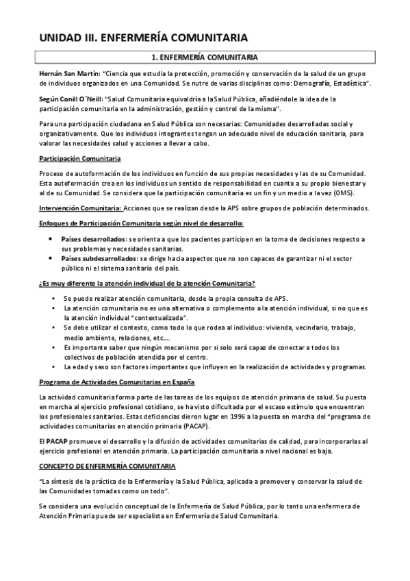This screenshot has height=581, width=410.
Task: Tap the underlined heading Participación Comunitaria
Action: coord(75,159)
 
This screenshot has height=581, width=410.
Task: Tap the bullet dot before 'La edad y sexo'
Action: coord(54,367)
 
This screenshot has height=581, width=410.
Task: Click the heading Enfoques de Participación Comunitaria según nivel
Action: coord(141,223)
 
